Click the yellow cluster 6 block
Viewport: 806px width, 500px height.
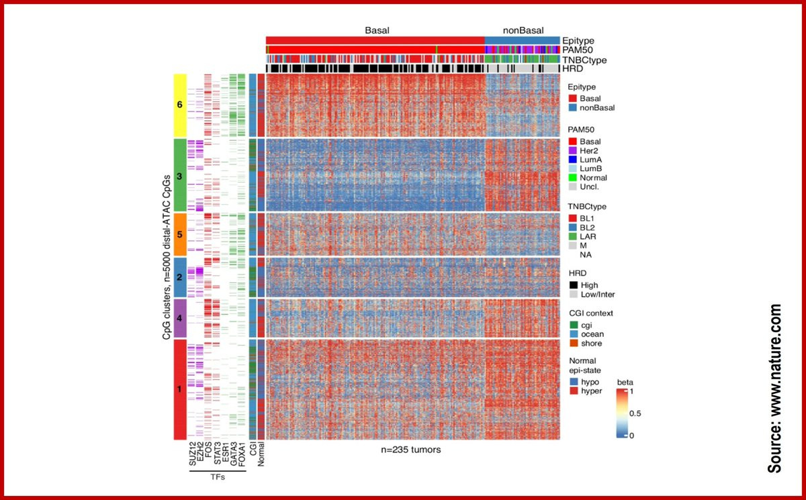180,105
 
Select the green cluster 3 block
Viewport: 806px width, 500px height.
180,175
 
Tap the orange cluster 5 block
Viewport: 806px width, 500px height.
180,235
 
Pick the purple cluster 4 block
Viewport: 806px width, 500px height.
180,318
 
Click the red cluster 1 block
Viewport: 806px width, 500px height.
180,389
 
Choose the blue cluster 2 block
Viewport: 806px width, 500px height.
180,277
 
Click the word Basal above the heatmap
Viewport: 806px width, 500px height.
377,30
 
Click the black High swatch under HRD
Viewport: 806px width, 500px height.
572,285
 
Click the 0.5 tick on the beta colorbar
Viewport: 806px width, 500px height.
634,413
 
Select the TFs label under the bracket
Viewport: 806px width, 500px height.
217,481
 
